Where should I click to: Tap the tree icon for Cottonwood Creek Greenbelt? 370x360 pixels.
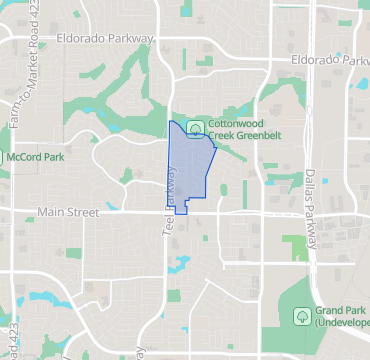[196, 127]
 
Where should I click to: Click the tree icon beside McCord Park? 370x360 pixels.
[2, 157]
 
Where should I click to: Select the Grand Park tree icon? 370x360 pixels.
[301, 316]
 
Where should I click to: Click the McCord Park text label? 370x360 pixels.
[36, 157]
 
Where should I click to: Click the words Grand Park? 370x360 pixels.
[342, 310]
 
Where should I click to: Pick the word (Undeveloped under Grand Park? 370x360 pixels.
[343, 325]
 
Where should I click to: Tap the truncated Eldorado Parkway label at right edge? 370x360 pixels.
[330, 60]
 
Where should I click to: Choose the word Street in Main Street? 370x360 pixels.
[95, 213]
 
